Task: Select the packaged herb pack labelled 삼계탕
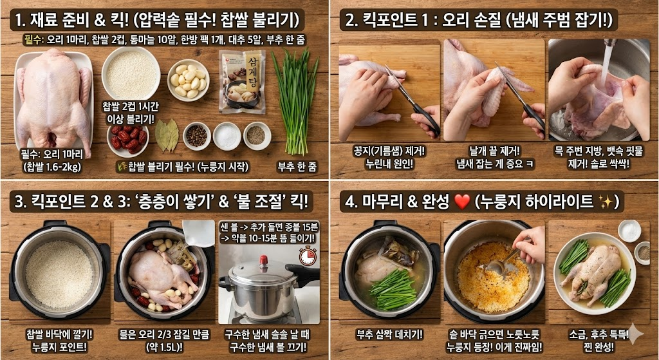tap(242, 81)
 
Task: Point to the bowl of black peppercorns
tap(196, 136)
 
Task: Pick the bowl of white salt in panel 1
tap(227, 136)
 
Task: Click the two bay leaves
tap(166, 135)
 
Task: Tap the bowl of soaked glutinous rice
tap(131, 73)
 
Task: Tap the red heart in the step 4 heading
tap(462, 202)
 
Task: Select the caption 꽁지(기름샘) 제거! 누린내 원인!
tap(385, 157)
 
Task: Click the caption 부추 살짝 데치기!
tap(385, 335)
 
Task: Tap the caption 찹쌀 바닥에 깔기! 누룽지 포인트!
tap(57, 341)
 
